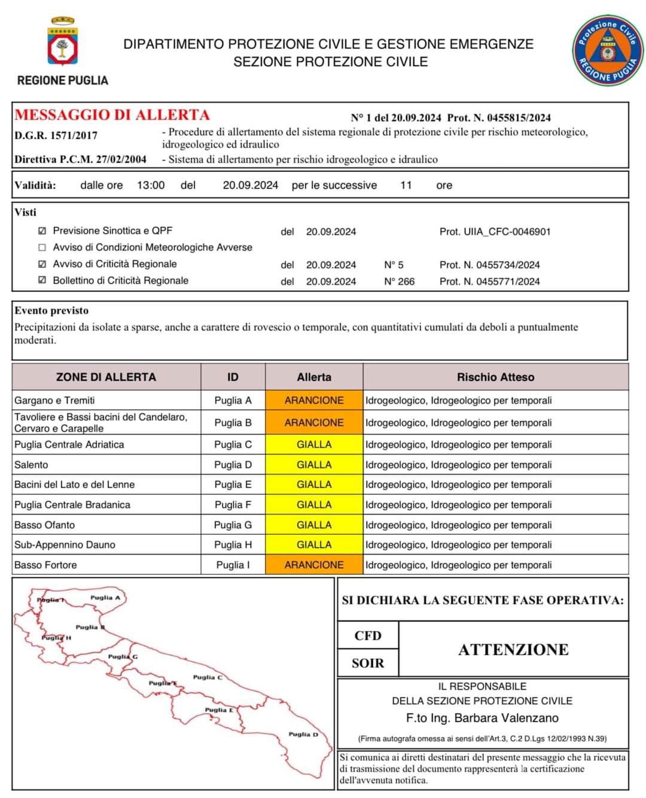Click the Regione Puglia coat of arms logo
(62, 42)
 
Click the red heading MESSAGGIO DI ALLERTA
(112, 115)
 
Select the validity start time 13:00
(151, 185)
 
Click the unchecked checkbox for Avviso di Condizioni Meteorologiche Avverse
(42, 247)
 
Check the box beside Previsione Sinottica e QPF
(42, 231)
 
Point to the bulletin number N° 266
(399, 281)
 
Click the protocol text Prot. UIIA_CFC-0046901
(495, 232)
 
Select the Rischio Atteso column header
(495, 377)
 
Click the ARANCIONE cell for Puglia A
(314, 400)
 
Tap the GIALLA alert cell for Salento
(314, 465)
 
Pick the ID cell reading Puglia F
(233, 505)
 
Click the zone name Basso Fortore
(45, 565)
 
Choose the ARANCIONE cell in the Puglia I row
(314, 565)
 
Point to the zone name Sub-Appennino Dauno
(65, 545)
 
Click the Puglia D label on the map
(303, 734)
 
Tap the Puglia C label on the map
(208, 677)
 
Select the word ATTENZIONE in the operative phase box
(513, 650)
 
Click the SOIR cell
(368, 663)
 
